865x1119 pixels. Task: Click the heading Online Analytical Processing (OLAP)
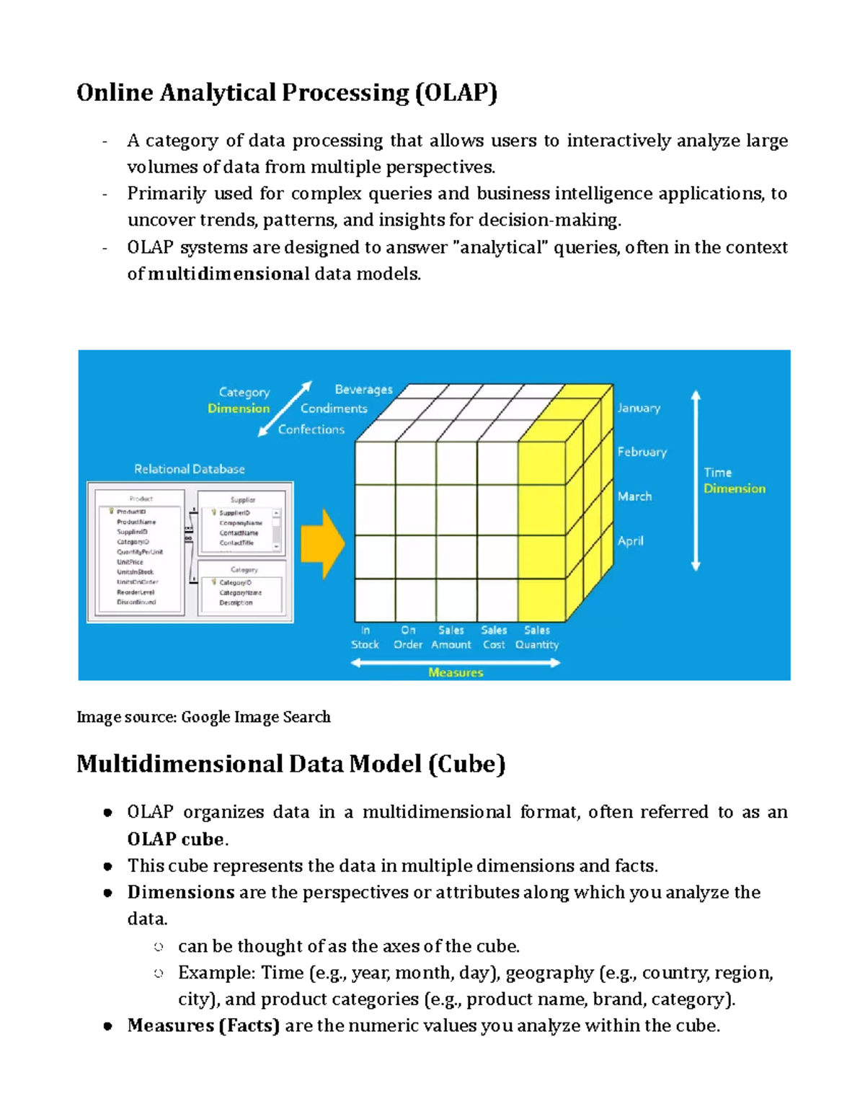(286, 93)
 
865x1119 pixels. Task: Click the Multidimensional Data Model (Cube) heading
(290, 764)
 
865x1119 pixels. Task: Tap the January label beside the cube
(638, 408)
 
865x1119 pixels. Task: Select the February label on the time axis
(642, 452)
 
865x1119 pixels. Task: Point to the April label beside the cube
(630, 541)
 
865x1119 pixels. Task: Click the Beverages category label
(363, 390)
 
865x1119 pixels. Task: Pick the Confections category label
(311, 429)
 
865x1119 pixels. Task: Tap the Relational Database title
(189, 469)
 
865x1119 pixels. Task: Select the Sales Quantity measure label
(536, 638)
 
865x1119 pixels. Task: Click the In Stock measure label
(365, 638)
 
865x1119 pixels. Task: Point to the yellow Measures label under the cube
(456, 672)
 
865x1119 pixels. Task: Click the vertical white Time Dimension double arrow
(696, 481)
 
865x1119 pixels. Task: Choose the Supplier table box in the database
(242, 523)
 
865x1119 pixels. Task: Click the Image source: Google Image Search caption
(203, 717)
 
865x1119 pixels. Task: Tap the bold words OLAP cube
(176, 839)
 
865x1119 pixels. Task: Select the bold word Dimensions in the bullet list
(180, 892)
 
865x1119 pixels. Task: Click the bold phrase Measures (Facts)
(203, 1025)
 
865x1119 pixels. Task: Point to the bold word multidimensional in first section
(229, 274)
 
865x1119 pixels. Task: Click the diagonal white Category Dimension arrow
(285, 409)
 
